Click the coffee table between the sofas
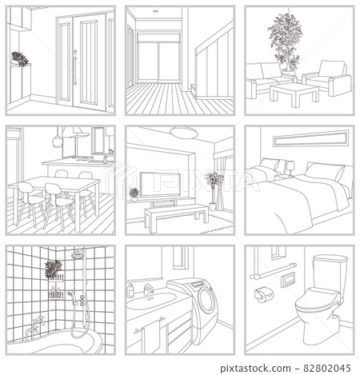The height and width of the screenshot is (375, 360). tap(288, 93)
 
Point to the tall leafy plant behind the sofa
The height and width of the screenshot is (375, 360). tap(283, 40)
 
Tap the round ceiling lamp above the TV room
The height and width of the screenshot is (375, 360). tap(182, 133)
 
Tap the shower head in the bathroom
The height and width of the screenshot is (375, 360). tap(78, 255)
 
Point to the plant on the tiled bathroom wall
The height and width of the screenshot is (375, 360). tap(54, 268)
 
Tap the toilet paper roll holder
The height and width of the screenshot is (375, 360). tap(261, 294)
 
